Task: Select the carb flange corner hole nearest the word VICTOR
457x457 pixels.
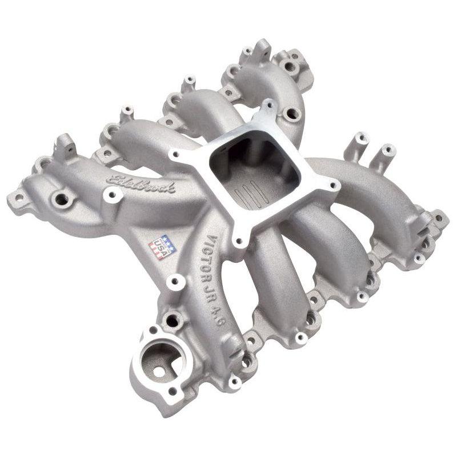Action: [x=237, y=239]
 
